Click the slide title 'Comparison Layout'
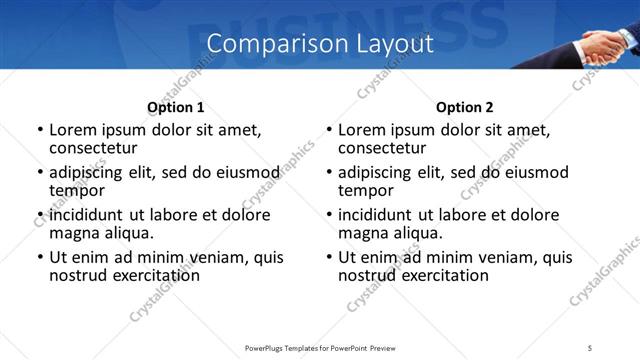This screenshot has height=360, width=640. (320, 44)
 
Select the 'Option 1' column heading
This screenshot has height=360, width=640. (176, 107)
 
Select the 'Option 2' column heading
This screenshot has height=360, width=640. (465, 107)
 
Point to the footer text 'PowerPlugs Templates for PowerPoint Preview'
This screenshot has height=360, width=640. (320, 347)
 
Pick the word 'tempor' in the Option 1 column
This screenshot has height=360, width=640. (77, 190)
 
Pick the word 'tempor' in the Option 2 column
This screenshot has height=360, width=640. (366, 190)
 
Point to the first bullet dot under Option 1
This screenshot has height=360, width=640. (40, 130)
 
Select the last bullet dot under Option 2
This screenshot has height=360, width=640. (329, 258)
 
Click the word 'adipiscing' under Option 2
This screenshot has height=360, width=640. (375, 172)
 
